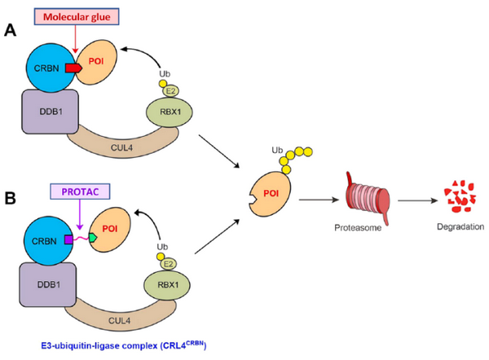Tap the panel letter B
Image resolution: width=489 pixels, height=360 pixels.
11,197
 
